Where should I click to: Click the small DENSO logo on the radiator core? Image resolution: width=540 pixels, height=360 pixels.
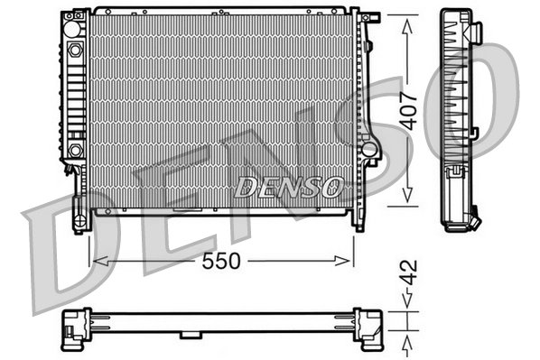coord(289,187)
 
